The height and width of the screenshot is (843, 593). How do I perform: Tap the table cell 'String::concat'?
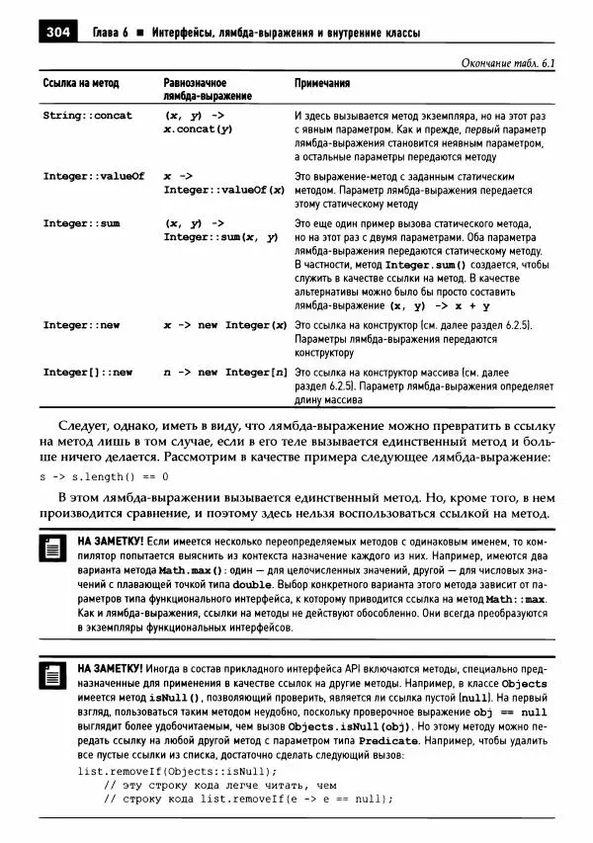click(87, 116)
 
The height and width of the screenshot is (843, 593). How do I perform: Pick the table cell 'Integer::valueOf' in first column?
click(93, 176)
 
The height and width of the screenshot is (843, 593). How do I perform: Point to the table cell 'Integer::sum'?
click(81, 223)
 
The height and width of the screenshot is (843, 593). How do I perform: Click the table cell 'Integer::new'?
click(81, 325)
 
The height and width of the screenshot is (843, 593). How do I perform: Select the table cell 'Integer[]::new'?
click(87, 373)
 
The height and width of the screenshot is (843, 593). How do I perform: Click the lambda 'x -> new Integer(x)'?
click(224, 325)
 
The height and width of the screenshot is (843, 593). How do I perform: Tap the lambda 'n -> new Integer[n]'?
click(224, 373)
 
